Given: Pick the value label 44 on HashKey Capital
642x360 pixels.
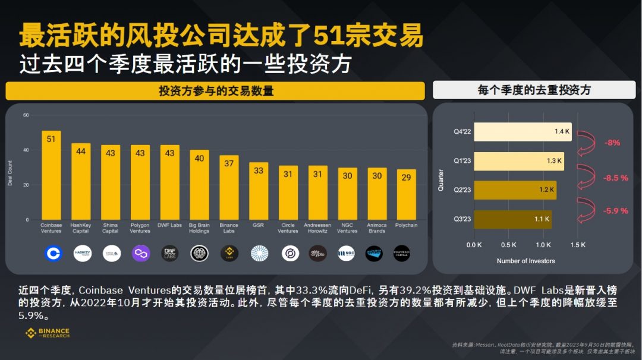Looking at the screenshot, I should coord(81,151).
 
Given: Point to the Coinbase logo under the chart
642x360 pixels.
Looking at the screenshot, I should coord(52,254).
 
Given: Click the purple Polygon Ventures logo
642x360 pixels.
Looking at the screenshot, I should coord(140,254).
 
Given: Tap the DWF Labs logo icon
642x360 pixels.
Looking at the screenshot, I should coord(170,254).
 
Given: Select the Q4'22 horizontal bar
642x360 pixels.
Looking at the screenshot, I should coord(523,132).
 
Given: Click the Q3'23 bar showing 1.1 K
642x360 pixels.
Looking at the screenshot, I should coord(512,219).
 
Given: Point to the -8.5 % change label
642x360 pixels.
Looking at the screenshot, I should coord(616,178).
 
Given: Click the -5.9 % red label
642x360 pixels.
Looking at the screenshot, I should coord(616,211).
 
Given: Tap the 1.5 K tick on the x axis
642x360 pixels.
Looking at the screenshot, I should coord(577,245).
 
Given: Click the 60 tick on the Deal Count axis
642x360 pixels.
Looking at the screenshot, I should coord(26,115).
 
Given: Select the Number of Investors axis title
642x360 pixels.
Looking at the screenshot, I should coord(525,261).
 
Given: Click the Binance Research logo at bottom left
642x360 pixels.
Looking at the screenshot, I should coord(48,333).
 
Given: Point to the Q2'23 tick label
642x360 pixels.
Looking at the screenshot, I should coord(462,190).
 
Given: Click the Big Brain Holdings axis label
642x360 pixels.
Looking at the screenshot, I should coord(199,228).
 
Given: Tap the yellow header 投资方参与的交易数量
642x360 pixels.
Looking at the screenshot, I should coord(215,91).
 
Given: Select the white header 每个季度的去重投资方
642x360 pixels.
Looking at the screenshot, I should coord(534,90).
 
